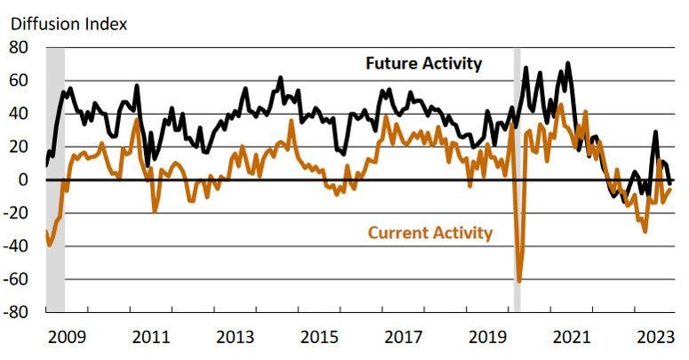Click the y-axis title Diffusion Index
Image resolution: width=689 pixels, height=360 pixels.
68,23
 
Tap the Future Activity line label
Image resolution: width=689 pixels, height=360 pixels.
424,63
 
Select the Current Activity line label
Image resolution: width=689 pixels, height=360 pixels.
429,233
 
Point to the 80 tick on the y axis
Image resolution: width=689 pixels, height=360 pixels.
20,48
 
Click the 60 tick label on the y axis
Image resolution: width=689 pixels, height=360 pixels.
20,81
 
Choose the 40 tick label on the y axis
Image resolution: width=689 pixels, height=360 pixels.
20,114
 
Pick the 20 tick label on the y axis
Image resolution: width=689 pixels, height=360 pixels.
20,147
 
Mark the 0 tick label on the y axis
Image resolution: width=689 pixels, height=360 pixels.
25,180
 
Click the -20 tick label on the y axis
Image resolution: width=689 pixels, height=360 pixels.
17,213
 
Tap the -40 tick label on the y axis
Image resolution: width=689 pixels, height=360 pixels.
17,246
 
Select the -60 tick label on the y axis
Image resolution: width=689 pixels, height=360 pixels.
17,279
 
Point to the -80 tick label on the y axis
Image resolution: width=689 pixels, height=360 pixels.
17,312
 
